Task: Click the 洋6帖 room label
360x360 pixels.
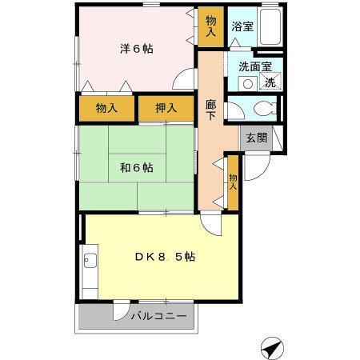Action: (x=137, y=49)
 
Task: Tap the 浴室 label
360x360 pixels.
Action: (x=242, y=26)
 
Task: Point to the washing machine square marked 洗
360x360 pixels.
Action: (x=270, y=83)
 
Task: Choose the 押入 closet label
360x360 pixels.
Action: (x=166, y=108)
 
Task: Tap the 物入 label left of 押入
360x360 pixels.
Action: (x=106, y=108)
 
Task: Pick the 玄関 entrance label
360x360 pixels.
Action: (x=256, y=138)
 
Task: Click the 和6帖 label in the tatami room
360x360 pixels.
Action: (x=137, y=168)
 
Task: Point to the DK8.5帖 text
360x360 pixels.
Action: (x=164, y=257)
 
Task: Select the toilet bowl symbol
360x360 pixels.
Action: (x=261, y=110)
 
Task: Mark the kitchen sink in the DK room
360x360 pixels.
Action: (x=89, y=261)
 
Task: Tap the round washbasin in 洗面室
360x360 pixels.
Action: (x=248, y=83)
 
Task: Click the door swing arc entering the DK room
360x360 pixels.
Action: (x=210, y=224)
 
